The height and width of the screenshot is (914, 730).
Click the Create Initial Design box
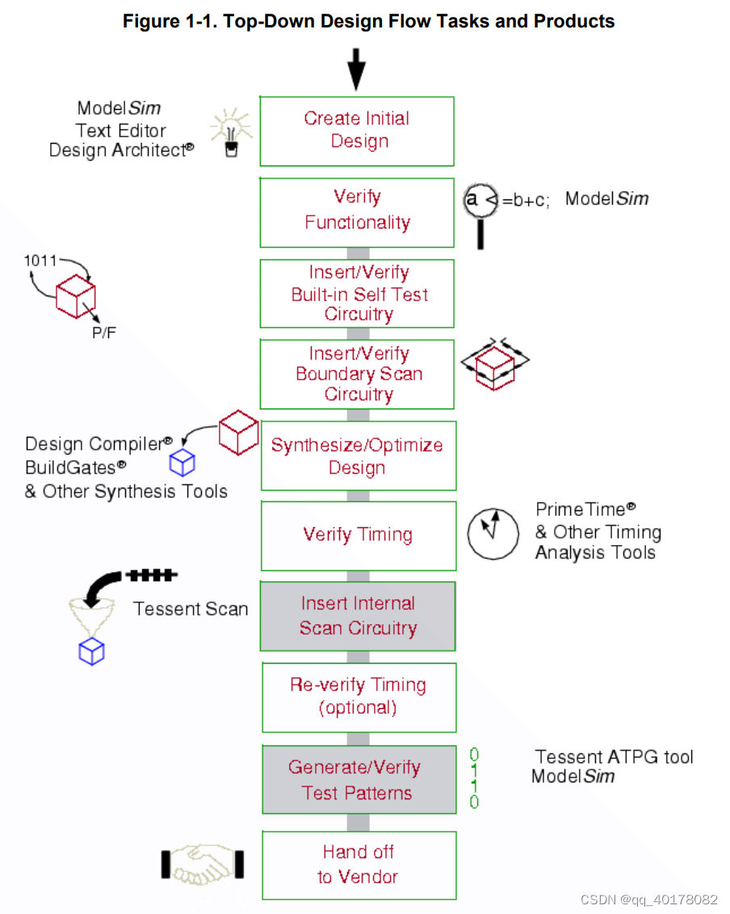point(357,131)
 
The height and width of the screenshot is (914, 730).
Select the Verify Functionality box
point(357,212)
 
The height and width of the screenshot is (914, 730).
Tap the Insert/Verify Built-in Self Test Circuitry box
point(357,293)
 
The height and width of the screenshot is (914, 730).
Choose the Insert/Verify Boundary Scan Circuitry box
point(357,374)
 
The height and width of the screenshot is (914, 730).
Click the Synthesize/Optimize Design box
point(357,455)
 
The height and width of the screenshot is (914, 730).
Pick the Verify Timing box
point(357,535)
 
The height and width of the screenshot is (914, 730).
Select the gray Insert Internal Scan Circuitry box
point(357,616)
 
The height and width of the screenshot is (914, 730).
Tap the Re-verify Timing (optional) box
point(357,697)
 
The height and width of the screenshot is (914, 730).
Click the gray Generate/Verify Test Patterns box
point(357,779)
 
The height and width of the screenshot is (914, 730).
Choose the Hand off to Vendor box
point(357,865)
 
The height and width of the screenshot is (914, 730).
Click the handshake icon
point(202,863)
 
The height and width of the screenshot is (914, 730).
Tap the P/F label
point(103,332)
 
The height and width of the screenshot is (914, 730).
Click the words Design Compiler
point(94,444)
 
